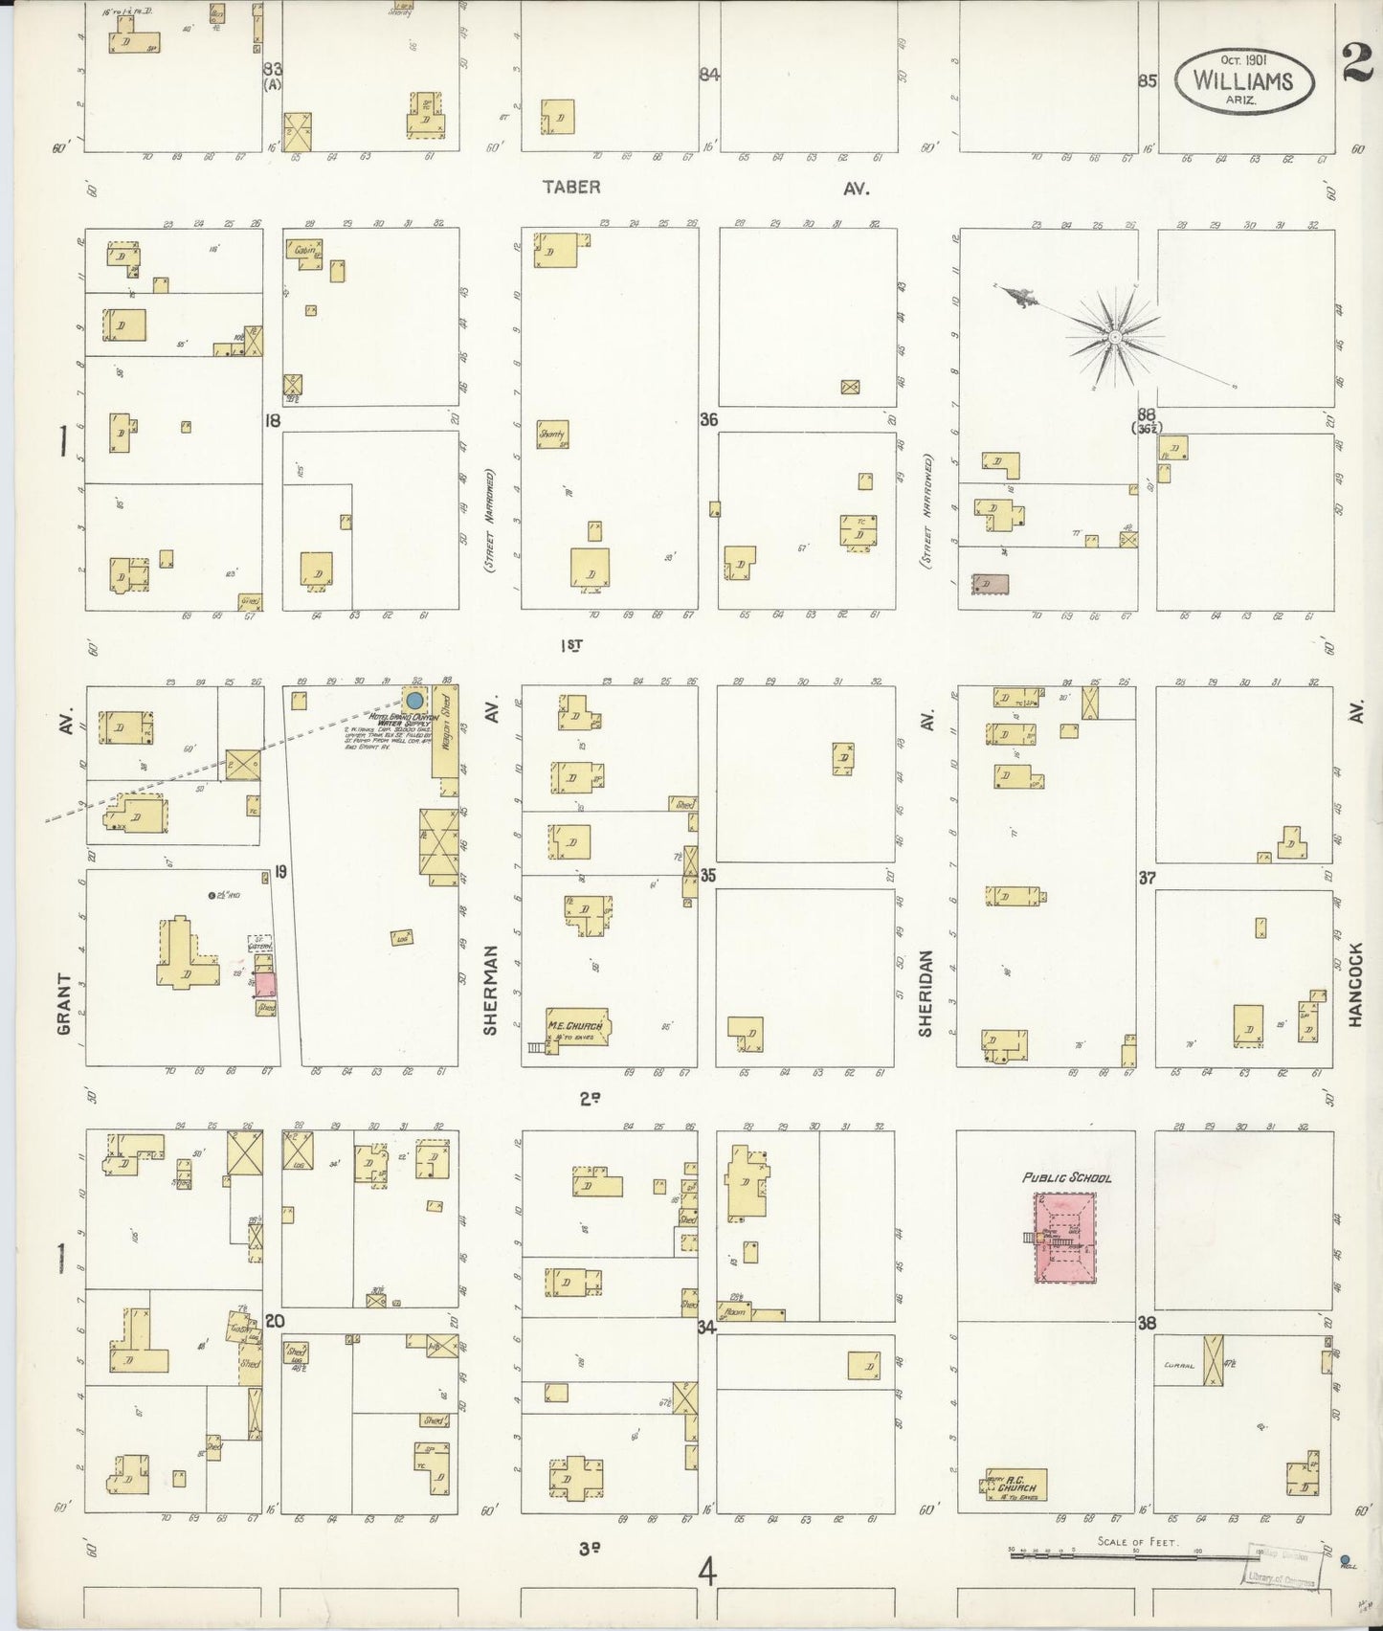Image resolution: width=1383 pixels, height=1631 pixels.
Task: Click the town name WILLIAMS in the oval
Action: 1242,80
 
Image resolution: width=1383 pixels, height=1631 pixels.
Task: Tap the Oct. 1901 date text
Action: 1243,59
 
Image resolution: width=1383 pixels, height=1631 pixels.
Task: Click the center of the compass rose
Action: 1115,338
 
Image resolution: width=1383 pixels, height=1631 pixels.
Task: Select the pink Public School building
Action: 1063,1240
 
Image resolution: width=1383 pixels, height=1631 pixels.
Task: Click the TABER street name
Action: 571,187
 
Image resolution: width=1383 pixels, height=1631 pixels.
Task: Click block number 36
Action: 708,419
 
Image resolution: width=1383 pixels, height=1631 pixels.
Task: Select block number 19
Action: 280,872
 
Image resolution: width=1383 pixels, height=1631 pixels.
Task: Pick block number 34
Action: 707,1328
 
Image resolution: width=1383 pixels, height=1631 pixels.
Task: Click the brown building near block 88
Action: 991,583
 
